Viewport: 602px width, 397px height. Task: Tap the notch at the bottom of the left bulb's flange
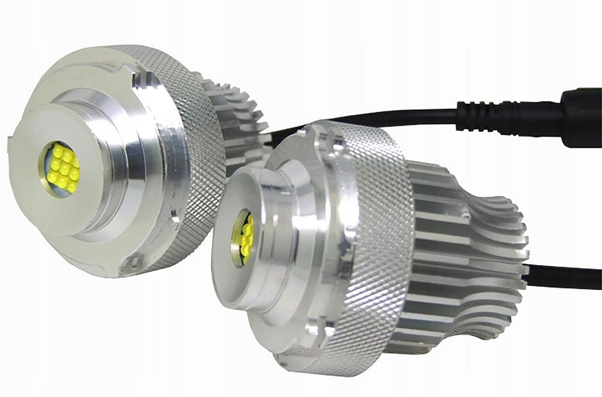(135, 261)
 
